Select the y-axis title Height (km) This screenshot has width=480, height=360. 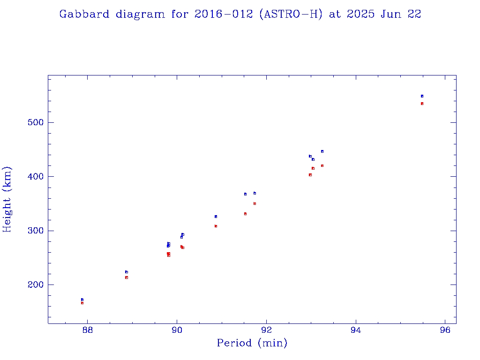7,199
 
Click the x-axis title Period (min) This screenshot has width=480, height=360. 252,343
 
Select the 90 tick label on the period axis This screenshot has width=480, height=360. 177,330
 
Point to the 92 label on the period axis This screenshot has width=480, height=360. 267,330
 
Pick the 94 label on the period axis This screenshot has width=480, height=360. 356,330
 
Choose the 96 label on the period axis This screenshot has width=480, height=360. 445,330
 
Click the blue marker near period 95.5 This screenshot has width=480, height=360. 422,96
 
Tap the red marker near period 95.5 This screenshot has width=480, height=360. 422,104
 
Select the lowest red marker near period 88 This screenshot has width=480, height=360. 82,303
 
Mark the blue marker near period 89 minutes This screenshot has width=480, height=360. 127,272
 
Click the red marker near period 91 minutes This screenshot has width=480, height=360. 216,226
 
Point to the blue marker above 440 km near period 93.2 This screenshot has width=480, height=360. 322,151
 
